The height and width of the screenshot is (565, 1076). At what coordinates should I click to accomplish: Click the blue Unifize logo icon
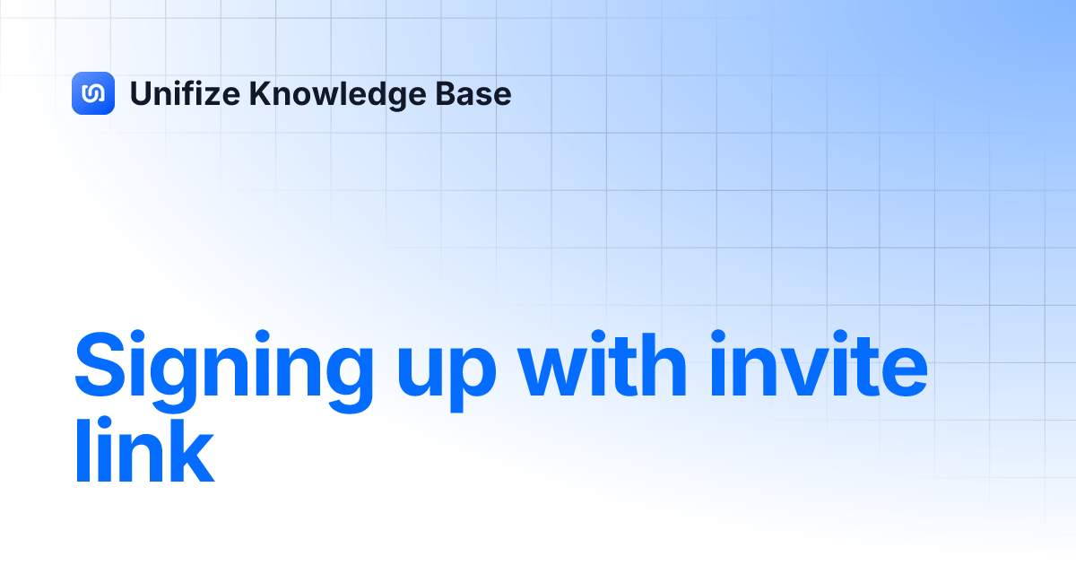(x=93, y=93)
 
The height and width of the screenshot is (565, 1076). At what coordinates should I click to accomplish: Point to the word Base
(x=480, y=93)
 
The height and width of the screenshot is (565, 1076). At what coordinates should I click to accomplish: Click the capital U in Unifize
(x=140, y=93)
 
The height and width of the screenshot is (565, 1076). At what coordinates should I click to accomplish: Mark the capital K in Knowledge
(x=258, y=93)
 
